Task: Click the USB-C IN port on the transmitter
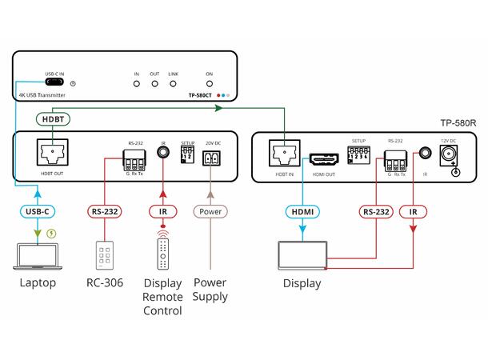pyautogui.click(x=55, y=82)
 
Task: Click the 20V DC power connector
pyautogui.click(x=212, y=159)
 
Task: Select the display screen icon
pyautogui.click(x=302, y=254)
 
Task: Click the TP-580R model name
pyautogui.click(x=458, y=123)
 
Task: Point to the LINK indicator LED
pyautogui.click(x=172, y=82)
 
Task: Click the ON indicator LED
pyautogui.click(x=209, y=82)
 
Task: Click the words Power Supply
pyautogui.click(x=211, y=289)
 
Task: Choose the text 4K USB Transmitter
pyautogui.click(x=43, y=95)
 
